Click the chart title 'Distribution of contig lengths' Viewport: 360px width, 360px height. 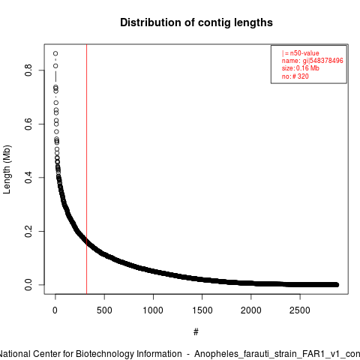point(196,22)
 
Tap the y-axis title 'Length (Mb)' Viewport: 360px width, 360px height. point(7,169)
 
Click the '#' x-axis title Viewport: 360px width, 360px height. point(196,332)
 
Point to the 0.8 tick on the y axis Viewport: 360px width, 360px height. point(28,70)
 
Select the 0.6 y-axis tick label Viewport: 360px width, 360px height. point(28,124)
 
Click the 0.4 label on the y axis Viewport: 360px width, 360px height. point(28,178)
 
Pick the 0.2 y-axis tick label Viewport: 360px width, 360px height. point(28,231)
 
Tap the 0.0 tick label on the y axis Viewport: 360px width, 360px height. point(28,285)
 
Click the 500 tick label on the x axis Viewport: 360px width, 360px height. point(104,310)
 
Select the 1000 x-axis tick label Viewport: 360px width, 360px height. point(153,310)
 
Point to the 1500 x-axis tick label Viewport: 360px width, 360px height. point(202,310)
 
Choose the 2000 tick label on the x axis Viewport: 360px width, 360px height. point(251,310)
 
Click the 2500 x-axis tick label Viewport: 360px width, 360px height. point(300,310)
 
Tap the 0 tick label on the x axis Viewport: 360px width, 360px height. point(55,310)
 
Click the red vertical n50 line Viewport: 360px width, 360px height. point(86,169)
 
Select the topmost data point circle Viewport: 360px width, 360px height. point(55,53)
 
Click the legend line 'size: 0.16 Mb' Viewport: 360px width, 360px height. point(301,68)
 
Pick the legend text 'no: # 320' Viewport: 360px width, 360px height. point(295,76)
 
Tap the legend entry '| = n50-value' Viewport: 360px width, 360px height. point(301,53)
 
